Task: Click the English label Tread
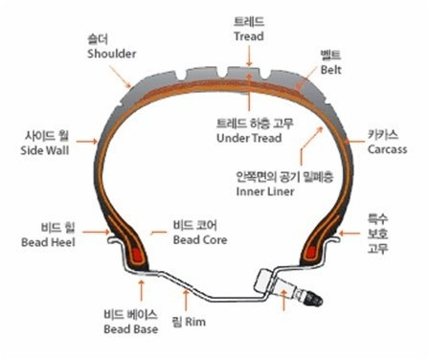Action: tap(248, 35)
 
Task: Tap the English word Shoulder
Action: tap(106, 54)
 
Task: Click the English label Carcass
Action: tap(387, 149)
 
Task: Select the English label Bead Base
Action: tap(129, 329)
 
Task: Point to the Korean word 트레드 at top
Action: tap(248, 20)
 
